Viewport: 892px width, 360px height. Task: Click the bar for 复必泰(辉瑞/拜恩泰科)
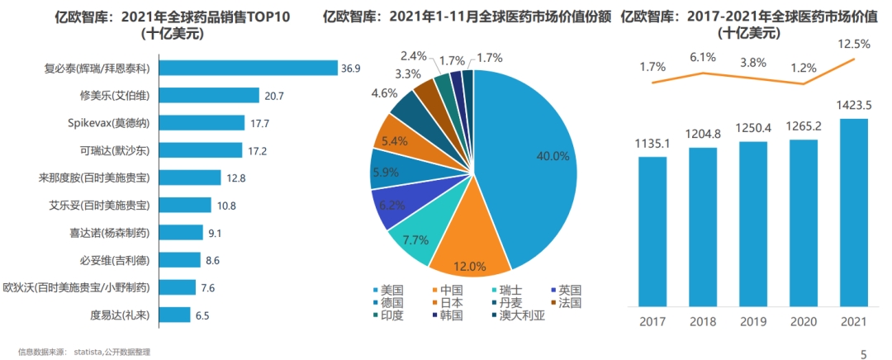[248, 69]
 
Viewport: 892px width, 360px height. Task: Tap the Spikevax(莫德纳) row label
[113, 123]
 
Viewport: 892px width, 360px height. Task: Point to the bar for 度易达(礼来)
[173, 315]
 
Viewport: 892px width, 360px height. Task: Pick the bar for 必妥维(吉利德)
[179, 260]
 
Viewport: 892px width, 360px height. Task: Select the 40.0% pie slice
[529, 157]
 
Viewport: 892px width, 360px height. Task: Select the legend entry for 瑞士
[516, 291]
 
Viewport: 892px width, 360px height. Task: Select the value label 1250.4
[752, 129]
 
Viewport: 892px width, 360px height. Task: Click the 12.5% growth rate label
[854, 45]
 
